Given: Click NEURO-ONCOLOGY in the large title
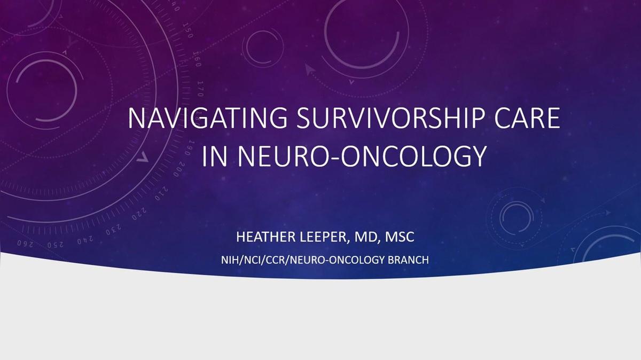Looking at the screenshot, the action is [x=362, y=156].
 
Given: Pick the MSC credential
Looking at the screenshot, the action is [x=400, y=237].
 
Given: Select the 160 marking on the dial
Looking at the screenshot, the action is [x=197, y=59].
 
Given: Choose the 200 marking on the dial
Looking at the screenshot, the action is [x=179, y=169].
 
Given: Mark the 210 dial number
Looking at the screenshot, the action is [x=162, y=193].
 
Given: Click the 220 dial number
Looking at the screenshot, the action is [x=139, y=214].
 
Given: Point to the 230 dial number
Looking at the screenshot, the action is [x=114, y=230].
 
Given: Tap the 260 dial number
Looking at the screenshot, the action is [x=25, y=244].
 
